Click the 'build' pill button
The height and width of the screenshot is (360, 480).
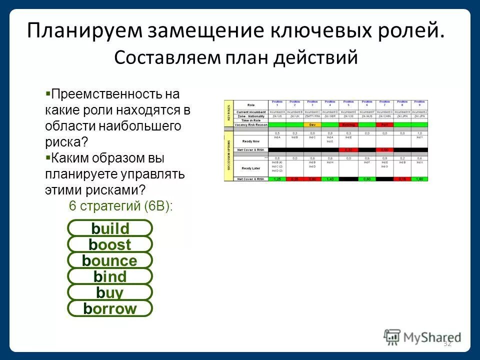[110, 229]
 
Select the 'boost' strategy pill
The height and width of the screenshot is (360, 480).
[110, 245]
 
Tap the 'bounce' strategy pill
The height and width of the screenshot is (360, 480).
[110, 261]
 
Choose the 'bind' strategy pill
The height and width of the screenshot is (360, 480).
[110, 277]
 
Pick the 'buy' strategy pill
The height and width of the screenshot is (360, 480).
[110, 293]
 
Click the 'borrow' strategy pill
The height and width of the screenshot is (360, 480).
[110, 309]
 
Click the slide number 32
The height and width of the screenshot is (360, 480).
[447, 343]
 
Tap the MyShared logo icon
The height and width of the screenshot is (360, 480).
[392, 337]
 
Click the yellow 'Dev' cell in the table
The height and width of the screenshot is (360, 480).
[312, 124]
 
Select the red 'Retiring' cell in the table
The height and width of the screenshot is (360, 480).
[348, 124]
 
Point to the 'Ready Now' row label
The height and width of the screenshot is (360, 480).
[250, 141]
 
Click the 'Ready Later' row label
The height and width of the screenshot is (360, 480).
[250, 168]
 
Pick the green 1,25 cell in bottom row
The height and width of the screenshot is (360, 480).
[276, 179]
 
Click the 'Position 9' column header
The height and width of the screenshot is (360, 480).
[419, 103]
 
